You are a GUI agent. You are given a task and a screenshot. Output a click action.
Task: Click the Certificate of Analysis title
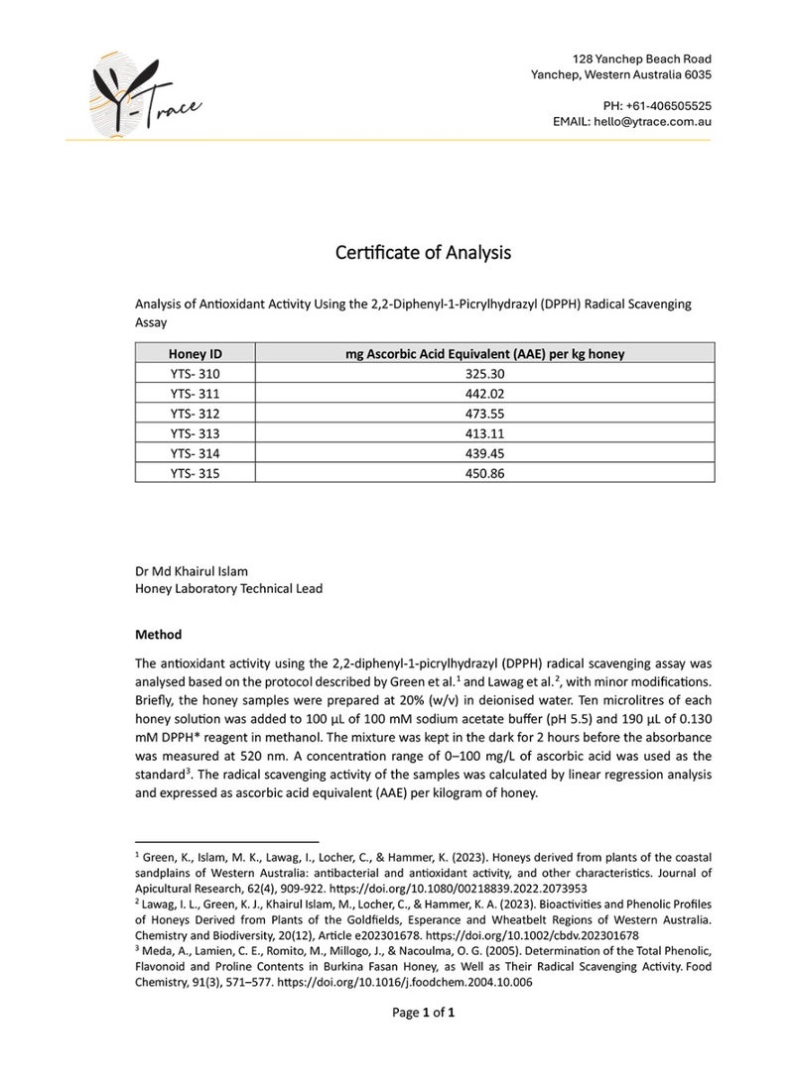pos(424,253)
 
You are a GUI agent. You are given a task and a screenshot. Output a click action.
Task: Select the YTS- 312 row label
pos(195,414)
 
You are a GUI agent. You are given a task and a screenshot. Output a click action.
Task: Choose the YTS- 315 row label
pos(195,474)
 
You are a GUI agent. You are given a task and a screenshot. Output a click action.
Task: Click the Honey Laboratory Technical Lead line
pos(228,588)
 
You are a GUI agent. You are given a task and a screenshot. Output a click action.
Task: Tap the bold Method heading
pos(158,634)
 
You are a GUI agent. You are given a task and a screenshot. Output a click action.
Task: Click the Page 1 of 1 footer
pos(424,1013)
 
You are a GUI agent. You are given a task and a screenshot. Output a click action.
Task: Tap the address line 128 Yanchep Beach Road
pos(643,59)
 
